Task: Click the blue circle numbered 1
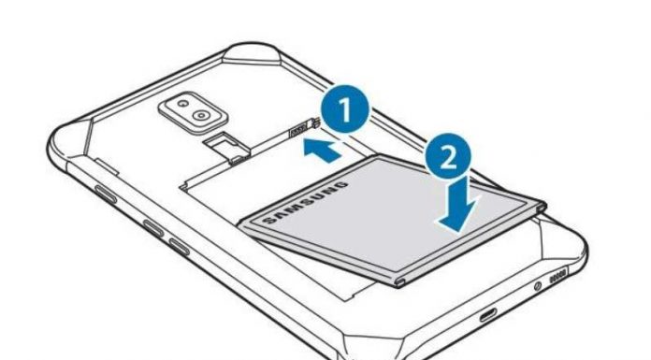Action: (x=344, y=109)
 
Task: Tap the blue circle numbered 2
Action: (x=447, y=156)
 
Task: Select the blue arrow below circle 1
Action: (x=322, y=151)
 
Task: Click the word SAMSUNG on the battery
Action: (x=306, y=201)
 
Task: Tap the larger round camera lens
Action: (x=201, y=115)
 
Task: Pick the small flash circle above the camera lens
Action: (x=182, y=103)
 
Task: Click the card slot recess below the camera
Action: (x=226, y=149)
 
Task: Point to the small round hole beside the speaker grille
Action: (x=538, y=286)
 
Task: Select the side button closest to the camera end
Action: (x=106, y=194)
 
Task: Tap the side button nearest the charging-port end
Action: (x=179, y=247)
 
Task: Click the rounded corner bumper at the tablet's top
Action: (x=253, y=53)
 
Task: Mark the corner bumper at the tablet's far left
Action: (x=68, y=142)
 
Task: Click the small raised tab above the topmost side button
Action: (x=108, y=166)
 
